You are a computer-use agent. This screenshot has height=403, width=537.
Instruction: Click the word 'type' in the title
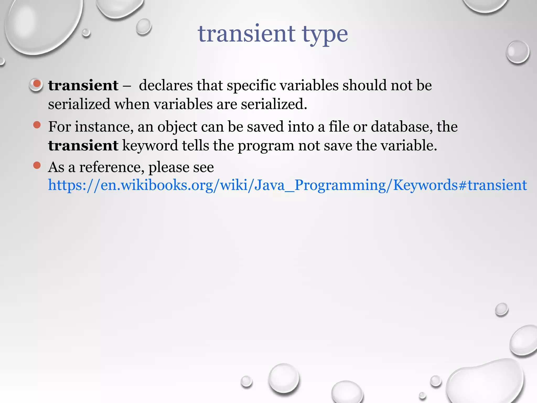325,35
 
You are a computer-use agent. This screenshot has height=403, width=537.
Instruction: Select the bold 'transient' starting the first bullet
83,86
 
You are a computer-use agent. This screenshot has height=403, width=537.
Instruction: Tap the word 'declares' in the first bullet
166,86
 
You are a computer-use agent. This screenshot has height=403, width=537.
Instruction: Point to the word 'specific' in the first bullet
251,86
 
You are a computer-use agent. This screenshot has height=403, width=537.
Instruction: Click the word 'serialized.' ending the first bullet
274,104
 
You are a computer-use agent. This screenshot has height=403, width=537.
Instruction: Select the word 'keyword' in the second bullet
150,146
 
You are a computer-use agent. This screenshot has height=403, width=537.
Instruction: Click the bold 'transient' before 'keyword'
83,146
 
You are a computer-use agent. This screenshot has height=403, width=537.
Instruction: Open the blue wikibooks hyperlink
287,185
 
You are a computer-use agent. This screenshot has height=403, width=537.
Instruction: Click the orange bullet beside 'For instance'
37,125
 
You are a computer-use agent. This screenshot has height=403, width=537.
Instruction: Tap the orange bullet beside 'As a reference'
37,165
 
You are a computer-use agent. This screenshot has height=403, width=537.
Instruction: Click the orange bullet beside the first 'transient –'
37,84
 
